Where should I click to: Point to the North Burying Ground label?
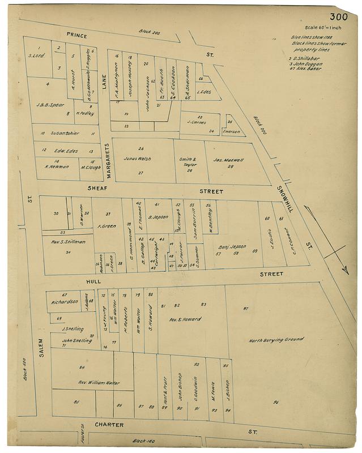276,340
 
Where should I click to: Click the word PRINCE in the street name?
77,35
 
